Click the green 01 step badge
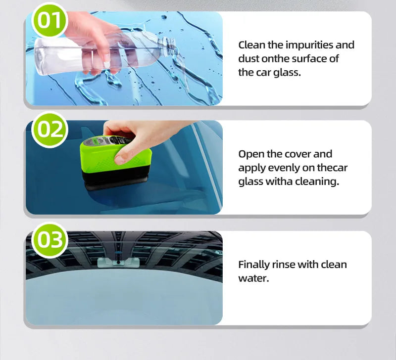point(49,21)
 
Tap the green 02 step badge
point(49,130)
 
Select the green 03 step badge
point(49,240)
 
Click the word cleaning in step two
point(317,181)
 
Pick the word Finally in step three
point(253,265)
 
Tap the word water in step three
point(253,278)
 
